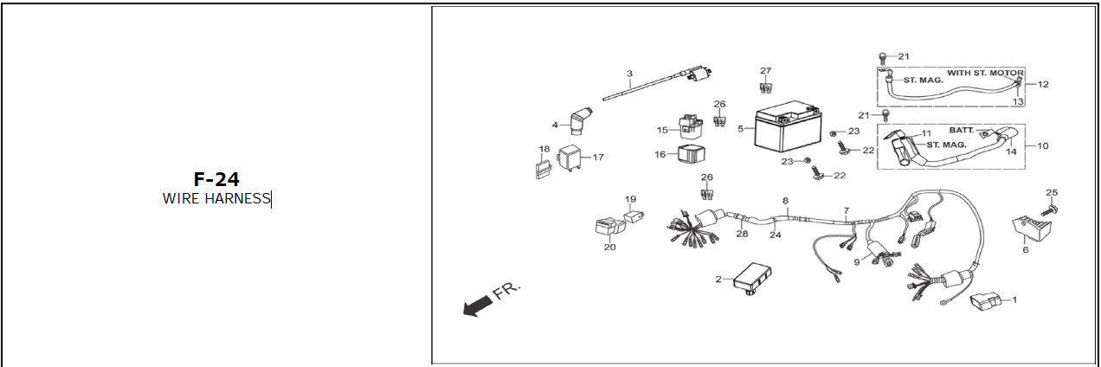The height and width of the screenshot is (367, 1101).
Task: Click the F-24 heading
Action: pyautogui.click(x=216, y=179)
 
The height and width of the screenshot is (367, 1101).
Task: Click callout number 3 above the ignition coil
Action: pyautogui.click(x=629, y=73)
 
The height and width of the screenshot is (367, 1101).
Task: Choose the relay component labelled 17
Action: pyautogui.click(x=570, y=158)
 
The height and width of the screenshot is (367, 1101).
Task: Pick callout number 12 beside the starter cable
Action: pyautogui.click(x=1043, y=85)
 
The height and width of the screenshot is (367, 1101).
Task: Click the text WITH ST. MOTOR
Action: pyautogui.click(x=985, y=73)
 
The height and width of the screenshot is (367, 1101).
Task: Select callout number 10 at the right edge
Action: pyautogui.click(x=1042, y=145)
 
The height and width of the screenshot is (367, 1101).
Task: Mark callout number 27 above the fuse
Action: pyautogui.click(x=765, y=70)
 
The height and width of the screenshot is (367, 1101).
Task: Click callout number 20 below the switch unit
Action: pyautogui.click(x=609, y=248)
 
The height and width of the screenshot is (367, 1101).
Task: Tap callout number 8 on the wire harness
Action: pyautogui.click(x=785, y=201)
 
